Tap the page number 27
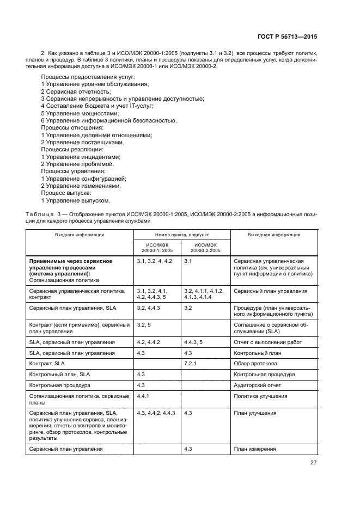pyautogui.click(x=313, y=463)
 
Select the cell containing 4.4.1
pyautogui.click(x=143, y=396)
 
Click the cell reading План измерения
pyautogui.click(x=254, y=449)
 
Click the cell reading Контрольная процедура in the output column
pyautogui.click(x=264, y=374)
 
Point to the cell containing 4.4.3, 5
pyautogui.click(x=193, y=342)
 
